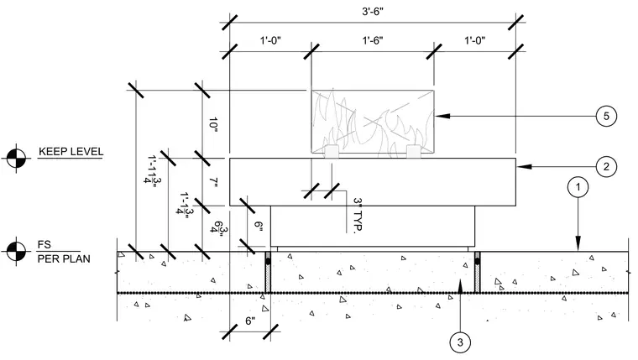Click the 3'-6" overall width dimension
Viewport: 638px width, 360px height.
point(373,11)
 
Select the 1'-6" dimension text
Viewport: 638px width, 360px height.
point(373,40)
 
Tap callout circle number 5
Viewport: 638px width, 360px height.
point(606,117)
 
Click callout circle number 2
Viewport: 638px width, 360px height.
point(606,167)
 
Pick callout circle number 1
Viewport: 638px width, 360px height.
point(578,187)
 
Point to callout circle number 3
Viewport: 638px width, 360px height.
point(460,342)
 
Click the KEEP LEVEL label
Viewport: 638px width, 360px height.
point(71,152)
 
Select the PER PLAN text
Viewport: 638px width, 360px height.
point(64,258)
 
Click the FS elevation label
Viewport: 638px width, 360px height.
point(44,244)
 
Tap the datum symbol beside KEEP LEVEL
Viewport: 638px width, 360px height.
point(16,159)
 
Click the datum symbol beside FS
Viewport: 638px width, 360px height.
point(16,251)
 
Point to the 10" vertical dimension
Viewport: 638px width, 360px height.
point(213,123)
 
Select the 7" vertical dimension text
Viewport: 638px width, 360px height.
point(214,182)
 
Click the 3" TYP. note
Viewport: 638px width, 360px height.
point(358,216)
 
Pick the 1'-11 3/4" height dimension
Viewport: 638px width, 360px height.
point(153,170)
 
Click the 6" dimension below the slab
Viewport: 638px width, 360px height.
point(250,321)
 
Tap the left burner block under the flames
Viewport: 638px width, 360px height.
point(332,151)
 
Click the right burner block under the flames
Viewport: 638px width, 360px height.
point(413,151)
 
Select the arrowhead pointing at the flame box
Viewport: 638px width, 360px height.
point(442,116)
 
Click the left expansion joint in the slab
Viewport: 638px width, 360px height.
point(268,272)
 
